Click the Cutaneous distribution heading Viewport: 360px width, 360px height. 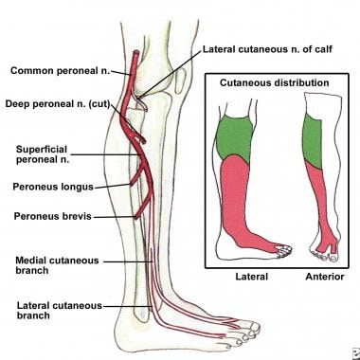pos(275,82)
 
